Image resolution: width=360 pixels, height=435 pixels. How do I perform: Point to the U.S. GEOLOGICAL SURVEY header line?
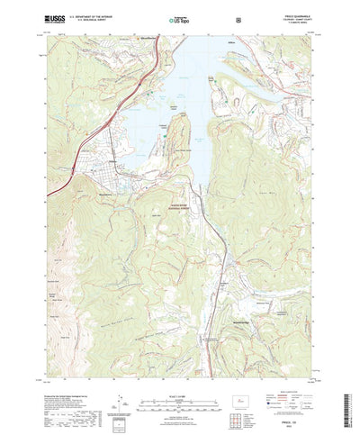click(x=87, y=18)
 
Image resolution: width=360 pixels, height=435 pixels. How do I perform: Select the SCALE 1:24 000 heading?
click(x=179, y=368)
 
